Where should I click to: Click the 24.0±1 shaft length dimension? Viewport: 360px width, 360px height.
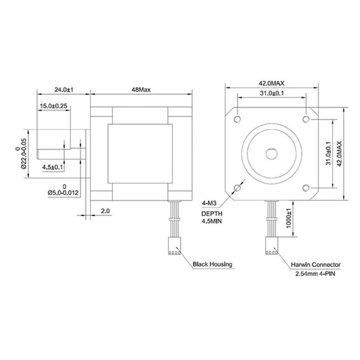64,90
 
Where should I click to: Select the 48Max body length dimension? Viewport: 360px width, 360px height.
140,90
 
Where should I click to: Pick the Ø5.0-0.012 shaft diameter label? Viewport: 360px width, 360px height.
63,193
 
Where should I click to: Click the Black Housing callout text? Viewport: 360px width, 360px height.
212,264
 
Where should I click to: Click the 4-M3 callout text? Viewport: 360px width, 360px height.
210,203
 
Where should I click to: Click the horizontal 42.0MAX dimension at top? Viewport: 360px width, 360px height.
272,83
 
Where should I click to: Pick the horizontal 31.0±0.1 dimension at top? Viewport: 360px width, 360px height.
272,93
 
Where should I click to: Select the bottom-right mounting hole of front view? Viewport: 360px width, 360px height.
306,188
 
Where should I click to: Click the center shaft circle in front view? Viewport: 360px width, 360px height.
272,153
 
